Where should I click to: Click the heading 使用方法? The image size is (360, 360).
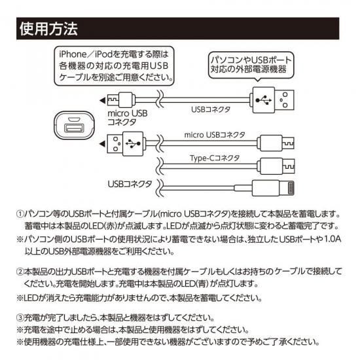pyautogui.click(x=48, y=29)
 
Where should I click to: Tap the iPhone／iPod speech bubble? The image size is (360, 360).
pyautogui.click(x=114, y=66)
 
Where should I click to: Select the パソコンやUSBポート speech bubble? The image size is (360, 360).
pyautogui.click(x=251, y=65)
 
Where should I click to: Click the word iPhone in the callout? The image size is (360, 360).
pyautogui.click(x=73, y=54)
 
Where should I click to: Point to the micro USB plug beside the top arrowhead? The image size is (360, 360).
pyautogui.click(x=122, y=100)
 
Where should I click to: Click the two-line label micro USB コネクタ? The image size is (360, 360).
pyautogui.click(x=128, y=118)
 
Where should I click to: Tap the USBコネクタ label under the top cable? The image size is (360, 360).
pyautogui.click(x=211, y=109)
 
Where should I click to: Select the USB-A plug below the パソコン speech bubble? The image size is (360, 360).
pyautogui.click(x=272, y=100)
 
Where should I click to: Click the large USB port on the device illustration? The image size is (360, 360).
pyautogui.click(x=74, y=128)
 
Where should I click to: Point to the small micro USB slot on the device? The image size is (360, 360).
pyautogui.click(x=74, y=119)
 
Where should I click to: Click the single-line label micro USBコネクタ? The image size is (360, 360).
pyautogui.click(x=215, y=135)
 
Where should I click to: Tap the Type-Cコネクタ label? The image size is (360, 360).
pyautogui.click(x=215, y=158)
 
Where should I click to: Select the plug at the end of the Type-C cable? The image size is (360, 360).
pyautogui.click(x=276, y=166)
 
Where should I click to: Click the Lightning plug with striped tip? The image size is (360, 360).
pyautogui.click(x=273, y=189)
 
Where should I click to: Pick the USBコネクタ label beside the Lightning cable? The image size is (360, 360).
pyautogui.click(x=130, y=184)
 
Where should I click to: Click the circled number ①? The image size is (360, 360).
pyautogui.click(x=20, y=214)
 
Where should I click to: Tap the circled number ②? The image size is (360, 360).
pyautogui.click(x=20, y=272)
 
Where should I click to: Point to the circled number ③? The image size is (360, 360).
pyautogui.click(x=20, y=318)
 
